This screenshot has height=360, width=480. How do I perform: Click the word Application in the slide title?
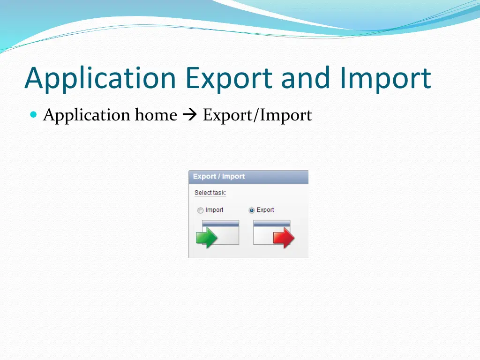(100, 78)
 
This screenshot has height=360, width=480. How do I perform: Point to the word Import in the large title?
(385, 78)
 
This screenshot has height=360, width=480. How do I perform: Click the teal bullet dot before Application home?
(33, 115)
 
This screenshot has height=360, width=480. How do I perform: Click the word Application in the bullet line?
(87, 115)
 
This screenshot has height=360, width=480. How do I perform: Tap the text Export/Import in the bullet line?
(257, 115)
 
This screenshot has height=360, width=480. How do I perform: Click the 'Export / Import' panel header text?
(218, 177)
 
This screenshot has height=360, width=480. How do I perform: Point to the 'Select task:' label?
(210, 193)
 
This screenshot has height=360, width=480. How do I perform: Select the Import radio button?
(200, 210)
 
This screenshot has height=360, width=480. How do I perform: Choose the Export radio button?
(252, 210)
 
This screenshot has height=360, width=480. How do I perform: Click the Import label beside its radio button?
(214, 210)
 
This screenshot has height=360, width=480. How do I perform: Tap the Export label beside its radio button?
(265, 210)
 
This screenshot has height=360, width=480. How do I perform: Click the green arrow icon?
(206, 237)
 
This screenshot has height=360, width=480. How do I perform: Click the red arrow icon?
(284, 238)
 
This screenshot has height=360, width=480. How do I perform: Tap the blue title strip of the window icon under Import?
(220, 224)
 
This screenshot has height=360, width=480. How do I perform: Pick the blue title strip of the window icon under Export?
(271, 224)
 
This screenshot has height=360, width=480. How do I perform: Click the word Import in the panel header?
(233, 177)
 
